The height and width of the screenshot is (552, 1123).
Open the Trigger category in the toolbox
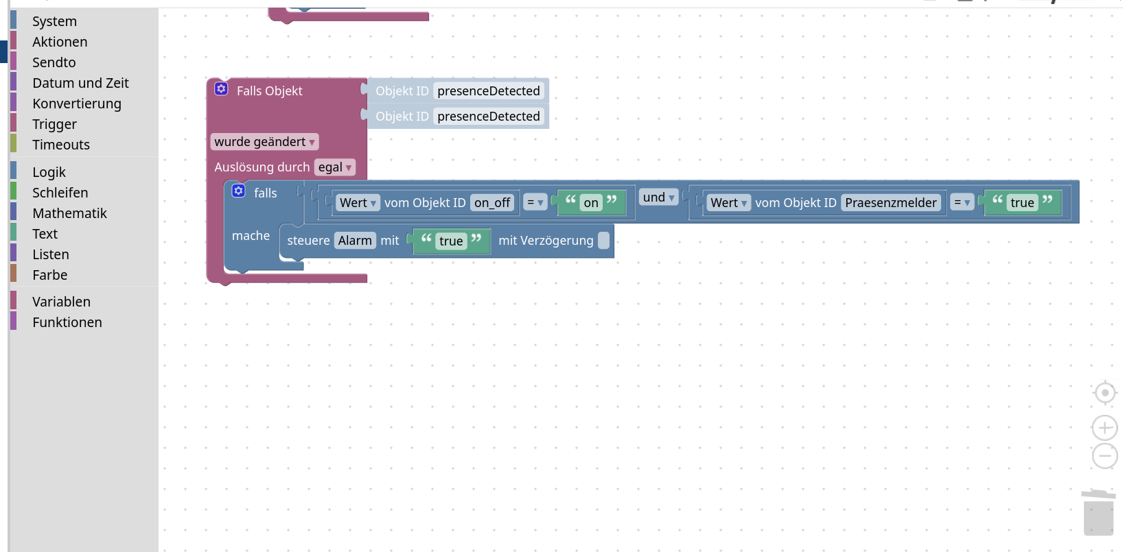54,124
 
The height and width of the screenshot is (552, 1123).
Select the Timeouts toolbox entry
60,145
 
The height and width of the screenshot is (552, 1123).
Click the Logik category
49,172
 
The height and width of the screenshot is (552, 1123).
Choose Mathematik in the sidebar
69,213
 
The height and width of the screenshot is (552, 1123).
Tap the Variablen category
61,302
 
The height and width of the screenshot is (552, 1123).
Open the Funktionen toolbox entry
67,322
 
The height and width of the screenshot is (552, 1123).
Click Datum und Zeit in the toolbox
80,83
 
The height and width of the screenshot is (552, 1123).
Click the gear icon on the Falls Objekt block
221,89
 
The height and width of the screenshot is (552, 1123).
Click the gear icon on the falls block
238,191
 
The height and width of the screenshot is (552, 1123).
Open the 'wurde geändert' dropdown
264,142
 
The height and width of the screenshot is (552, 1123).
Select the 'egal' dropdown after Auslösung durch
334,167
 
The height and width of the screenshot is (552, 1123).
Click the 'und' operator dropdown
658,197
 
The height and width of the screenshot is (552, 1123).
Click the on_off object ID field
492,203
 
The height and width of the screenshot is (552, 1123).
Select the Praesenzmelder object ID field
890,203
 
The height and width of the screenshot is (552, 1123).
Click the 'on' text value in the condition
591,203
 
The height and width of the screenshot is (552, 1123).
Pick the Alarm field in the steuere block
355,241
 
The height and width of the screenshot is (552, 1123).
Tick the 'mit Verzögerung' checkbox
603,241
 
